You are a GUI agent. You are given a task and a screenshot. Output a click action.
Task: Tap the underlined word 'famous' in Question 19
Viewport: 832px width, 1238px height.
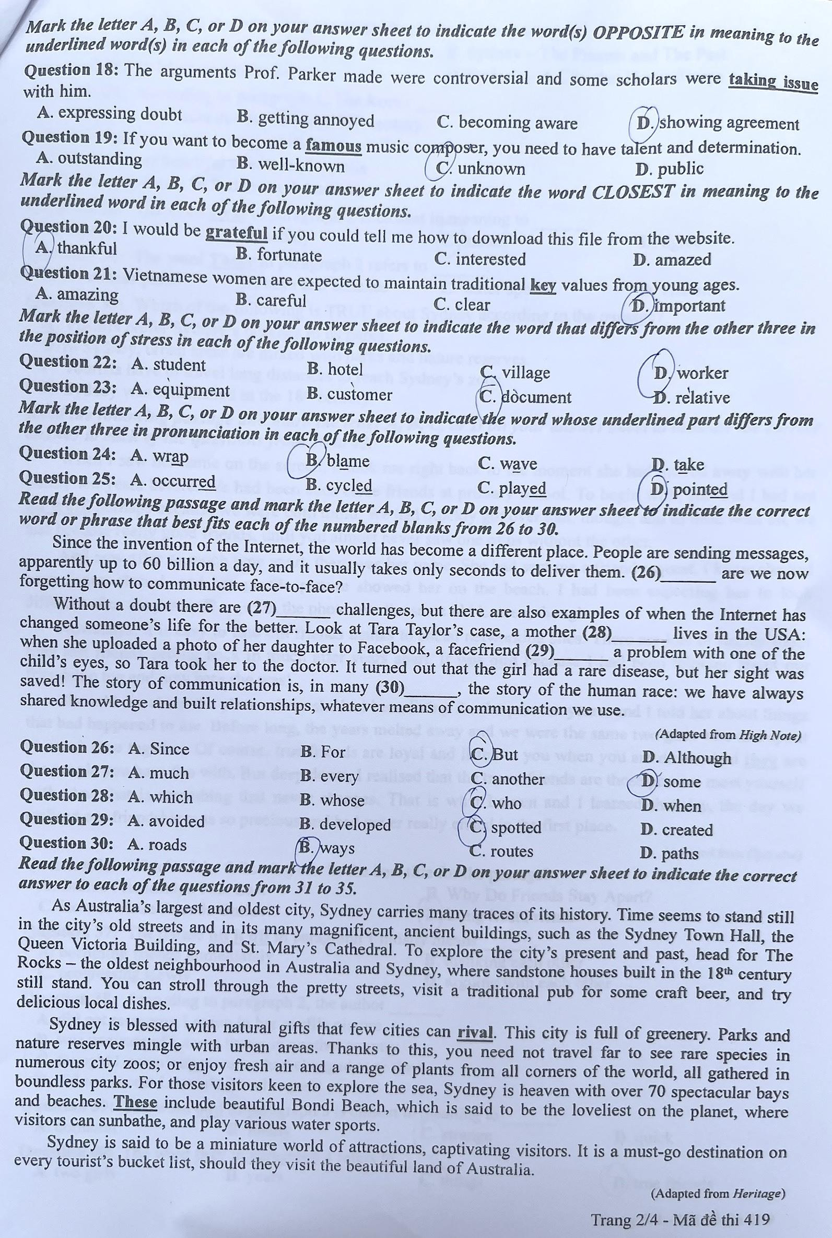[x=334, y=145]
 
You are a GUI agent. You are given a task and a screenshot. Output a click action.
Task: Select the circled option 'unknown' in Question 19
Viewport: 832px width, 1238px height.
[x=491, y=169]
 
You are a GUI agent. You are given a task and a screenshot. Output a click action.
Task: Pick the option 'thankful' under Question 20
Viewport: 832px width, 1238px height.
[x=87, y=247]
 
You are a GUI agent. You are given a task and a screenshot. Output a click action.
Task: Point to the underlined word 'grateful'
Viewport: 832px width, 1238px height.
[x=236, y=233]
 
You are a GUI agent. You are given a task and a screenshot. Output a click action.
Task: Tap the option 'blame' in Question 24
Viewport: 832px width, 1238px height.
[x=347, y=461]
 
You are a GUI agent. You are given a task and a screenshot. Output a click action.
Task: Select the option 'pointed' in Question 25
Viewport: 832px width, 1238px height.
[x=700, y=489]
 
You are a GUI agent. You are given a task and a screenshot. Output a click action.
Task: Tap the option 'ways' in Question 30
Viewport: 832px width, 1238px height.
[x=337, y=848]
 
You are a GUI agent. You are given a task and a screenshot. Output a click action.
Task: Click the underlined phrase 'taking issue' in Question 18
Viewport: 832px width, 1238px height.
[x=773, y=80]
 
